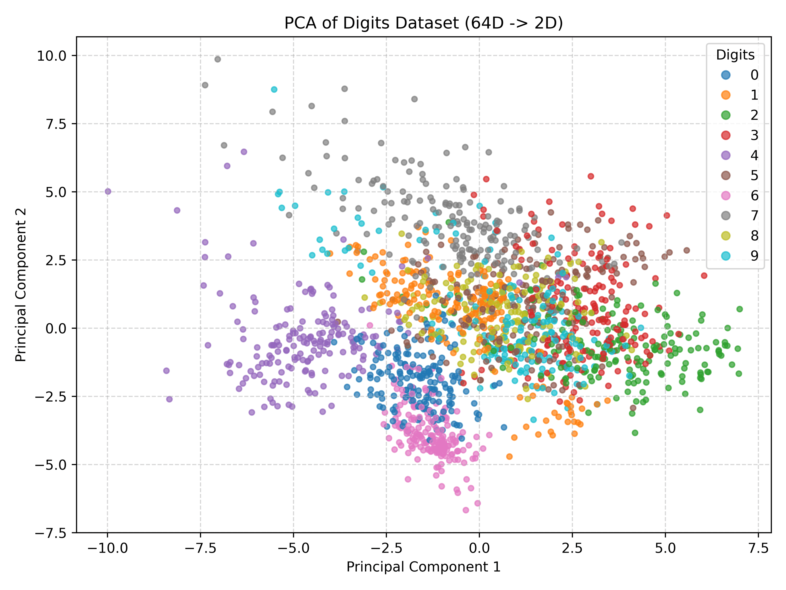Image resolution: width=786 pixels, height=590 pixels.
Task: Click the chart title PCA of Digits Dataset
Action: pos(423,24)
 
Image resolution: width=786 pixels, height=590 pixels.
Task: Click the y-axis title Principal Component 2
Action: pos(21,285)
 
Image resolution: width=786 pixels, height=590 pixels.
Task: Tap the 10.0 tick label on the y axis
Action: pos(52,56)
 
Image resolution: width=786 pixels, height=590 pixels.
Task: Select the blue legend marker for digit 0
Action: pos(726,75)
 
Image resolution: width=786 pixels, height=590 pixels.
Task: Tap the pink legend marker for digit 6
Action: pos(726,196)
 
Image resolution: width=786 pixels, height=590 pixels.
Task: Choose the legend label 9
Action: pos(754,256)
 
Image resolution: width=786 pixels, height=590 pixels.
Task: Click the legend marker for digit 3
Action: pos(726,135)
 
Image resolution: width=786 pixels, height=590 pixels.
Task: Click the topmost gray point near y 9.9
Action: pos(217,59)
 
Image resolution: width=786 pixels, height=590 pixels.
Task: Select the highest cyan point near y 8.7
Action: pos(274,89)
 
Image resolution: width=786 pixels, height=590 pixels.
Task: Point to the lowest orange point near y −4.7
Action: pos(509,456)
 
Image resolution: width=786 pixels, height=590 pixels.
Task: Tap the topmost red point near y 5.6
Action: pos(591,176)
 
